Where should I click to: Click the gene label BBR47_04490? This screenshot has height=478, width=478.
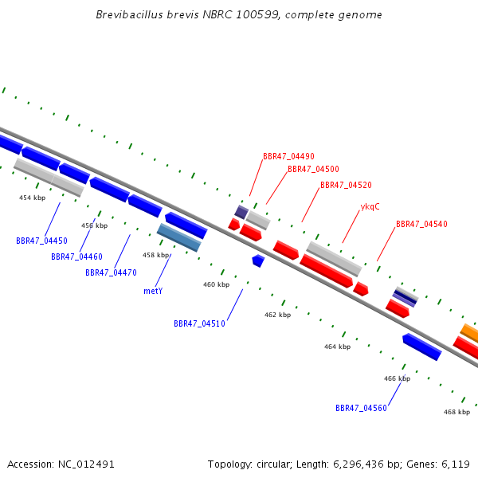click(288, 157)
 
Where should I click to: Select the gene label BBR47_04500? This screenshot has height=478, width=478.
click(313, 170)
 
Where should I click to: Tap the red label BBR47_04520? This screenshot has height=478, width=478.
click(346, 186)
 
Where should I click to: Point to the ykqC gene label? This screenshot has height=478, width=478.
click(370, 207)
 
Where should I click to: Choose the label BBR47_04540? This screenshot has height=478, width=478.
click(421, 225)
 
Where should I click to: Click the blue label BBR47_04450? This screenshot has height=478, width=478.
click(41, 241)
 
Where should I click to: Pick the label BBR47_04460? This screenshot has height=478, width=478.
click(76, 257)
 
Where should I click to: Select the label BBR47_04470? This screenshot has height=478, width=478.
click(111, 273)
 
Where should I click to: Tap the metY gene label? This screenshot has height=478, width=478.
click(153, 292)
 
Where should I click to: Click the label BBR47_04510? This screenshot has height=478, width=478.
click(199, 324)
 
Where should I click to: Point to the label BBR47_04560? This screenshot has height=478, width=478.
click(361, 409)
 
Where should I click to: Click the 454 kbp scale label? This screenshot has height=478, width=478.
click(32, 198)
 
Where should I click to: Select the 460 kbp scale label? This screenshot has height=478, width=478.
click(216, 284)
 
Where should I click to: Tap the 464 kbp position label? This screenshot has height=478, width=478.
click(337, 347)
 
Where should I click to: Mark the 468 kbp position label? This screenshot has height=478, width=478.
click(456, 413)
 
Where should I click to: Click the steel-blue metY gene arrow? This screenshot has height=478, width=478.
click(178, 237)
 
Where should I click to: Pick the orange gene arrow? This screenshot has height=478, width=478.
click(470, 332)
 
